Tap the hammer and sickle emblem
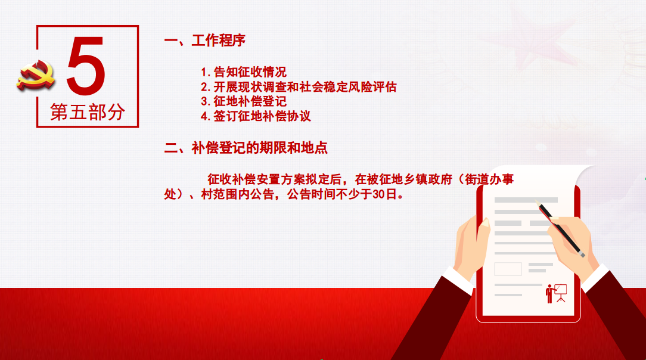point(36,75)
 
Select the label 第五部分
point(88,112)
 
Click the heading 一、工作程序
point(205,41)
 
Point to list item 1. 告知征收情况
point(244,72)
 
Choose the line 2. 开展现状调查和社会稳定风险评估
point(299,87)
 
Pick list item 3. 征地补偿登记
point(244,101)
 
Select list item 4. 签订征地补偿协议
point(256,116)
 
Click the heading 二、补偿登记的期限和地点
point(246,148)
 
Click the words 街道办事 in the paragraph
point(489,179)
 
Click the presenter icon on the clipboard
point(556,293)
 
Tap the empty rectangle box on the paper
point(508,269)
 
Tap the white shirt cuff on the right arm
point(595,277)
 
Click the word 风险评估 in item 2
point(372,87)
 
